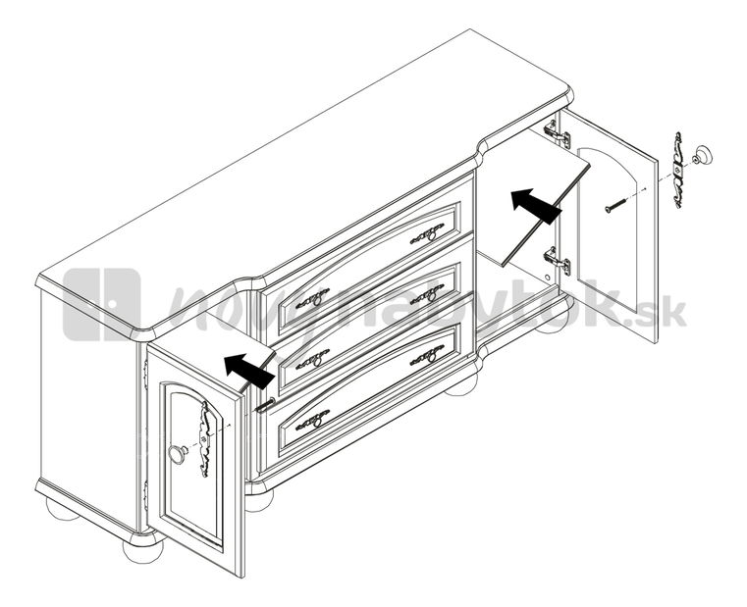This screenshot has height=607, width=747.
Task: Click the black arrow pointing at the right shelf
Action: pos(535,205)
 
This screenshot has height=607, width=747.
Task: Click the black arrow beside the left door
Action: pos(248,371)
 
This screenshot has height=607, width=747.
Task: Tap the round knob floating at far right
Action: pos(701,155)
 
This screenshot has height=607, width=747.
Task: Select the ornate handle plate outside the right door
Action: pos(676,171)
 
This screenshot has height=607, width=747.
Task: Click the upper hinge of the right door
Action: pos(557,132)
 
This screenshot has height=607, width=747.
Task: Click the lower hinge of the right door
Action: pos(559,261)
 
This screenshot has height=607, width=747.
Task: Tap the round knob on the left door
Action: pos(178,453)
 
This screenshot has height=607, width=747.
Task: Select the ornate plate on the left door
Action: pos(205,438)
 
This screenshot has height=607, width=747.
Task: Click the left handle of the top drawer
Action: pos(313,296)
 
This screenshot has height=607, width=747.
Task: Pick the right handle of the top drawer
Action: pos(427,232)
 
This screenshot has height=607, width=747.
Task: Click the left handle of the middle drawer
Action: pos(313,358)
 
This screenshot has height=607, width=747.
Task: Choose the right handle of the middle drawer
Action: pos(427,293)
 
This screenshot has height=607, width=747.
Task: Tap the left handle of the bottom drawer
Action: pos(313,421)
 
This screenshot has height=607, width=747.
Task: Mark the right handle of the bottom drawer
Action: pos(427,355)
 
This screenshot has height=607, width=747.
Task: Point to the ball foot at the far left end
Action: pos(61,508)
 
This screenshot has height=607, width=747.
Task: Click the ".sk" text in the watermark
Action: pos(666,314)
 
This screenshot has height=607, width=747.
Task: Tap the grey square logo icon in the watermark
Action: pos(101,304)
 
